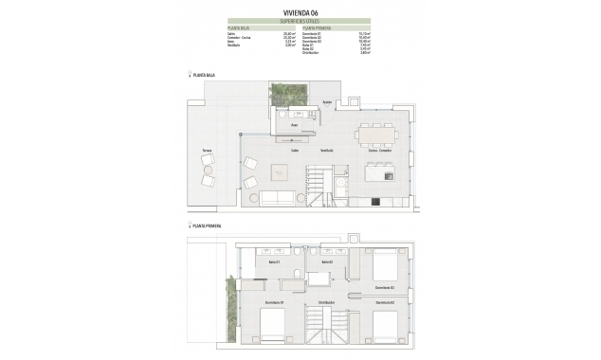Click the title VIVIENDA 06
pyautogui.click(x=300, y=12)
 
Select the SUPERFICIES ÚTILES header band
pyautogui.click(x=300, y=21)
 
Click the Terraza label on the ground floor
pyautogui.click(x=207, y=152)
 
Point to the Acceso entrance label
pyautogui.click(x=326, y=100)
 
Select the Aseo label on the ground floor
pyautogui.click(x=295, y=124)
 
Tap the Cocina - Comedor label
pyautogui.click(x=379, y=151)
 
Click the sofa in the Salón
pyautogui.click(x=278, y=198)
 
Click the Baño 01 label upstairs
pyautogui.click(x=274, y=262)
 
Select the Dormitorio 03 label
pyautogui.click(x=384, y=286)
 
